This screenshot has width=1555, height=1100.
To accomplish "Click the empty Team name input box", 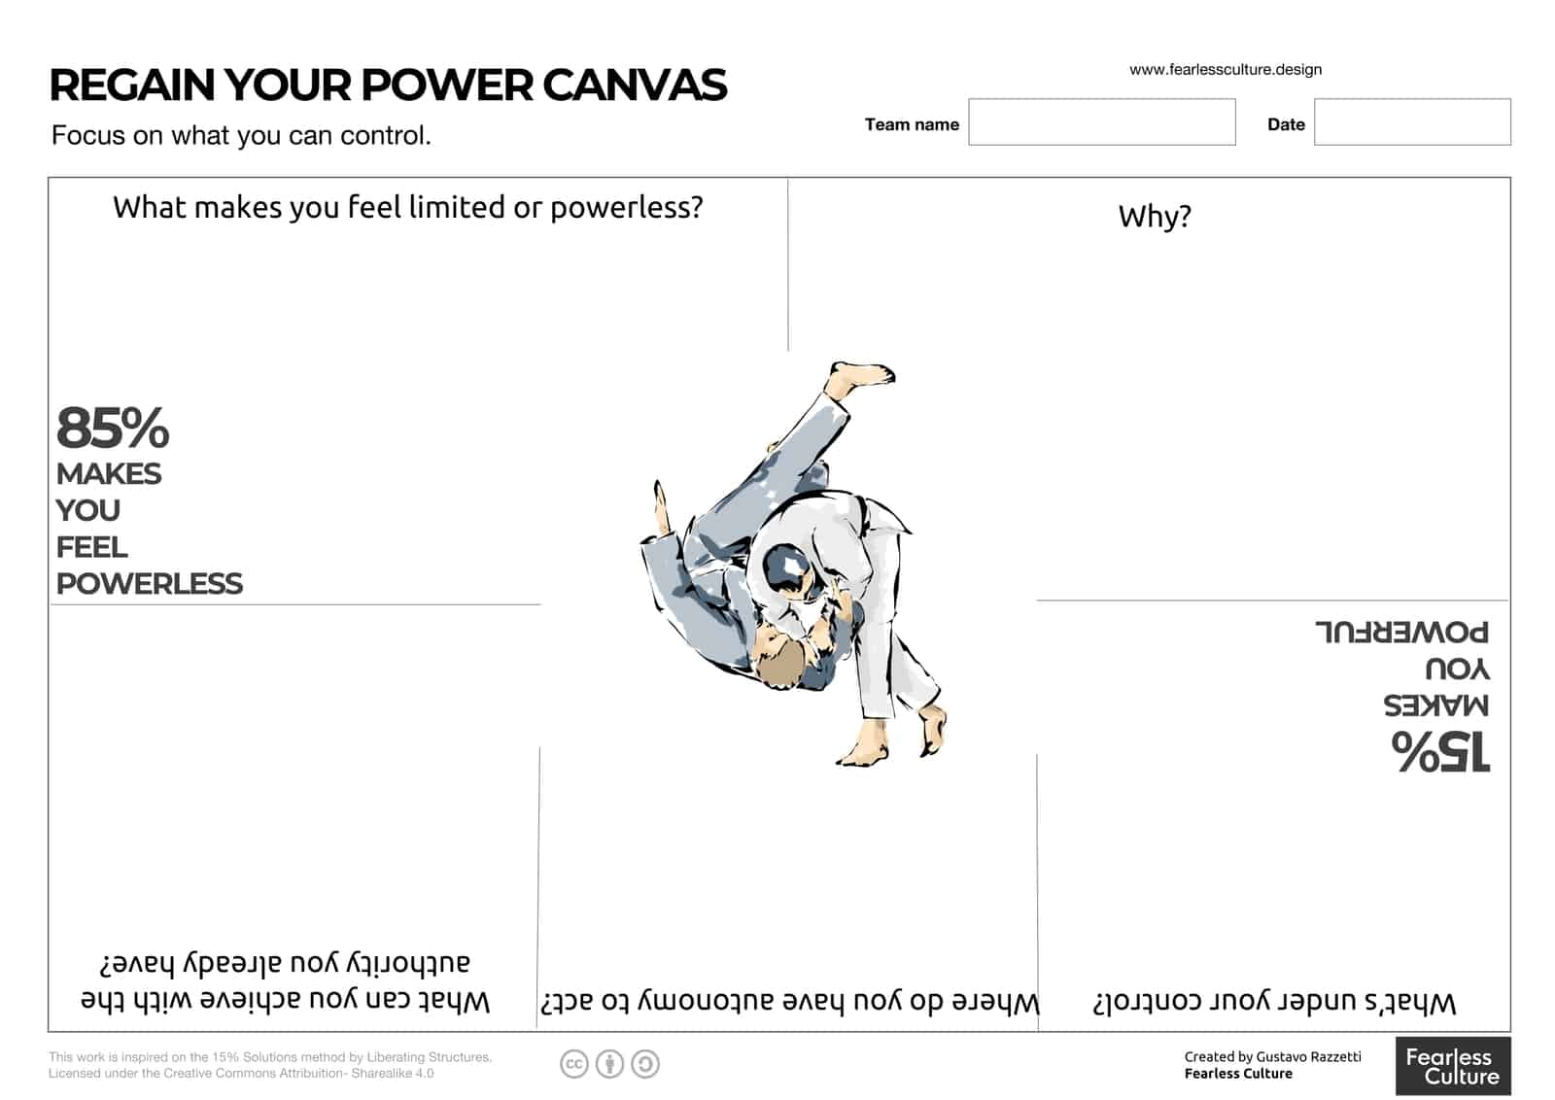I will pos(1101,121).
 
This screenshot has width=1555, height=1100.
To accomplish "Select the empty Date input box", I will pos(1411,121).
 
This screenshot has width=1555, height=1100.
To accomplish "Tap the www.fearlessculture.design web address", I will pos(1225,69).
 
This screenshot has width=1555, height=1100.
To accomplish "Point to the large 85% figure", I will pos(113,428).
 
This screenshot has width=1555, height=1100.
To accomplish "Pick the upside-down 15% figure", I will pos(1440,751).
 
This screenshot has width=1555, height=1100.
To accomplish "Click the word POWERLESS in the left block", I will pos(150,583).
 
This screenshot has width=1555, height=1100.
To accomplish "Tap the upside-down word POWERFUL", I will pos(1401,633).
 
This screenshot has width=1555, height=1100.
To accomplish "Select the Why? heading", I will pos(1154,216).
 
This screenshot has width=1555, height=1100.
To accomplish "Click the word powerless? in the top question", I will pos(626,207).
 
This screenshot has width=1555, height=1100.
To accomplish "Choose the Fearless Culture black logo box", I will pos(1452,1066).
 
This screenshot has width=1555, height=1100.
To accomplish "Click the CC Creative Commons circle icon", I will pos(574,1064).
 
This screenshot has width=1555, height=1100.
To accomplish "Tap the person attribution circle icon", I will pos(609,1064).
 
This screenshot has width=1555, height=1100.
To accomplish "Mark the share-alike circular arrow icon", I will pos(644,1064).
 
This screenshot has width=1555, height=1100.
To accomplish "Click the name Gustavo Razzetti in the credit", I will pos(1308,1056).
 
